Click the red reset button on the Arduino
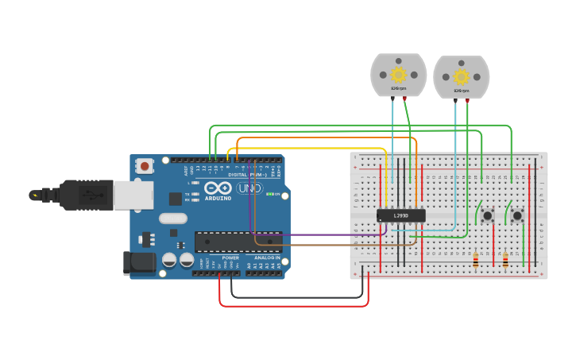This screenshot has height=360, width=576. (x=145, y=166)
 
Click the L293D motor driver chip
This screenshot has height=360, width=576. (x=401, y=215)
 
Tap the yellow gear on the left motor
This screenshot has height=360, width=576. (x=398, y=75)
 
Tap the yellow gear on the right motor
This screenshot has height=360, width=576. (x=461, y=77)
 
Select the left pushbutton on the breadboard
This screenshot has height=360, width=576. (x=487, y=215)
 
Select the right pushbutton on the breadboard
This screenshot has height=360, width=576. (x=517, y=215)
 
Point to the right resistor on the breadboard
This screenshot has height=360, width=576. (x=506, y=260)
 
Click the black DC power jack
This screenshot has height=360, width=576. (x=138, y=263)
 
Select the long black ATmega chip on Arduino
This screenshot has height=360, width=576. (x=238, y=241)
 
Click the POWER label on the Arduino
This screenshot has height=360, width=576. (x=230, y=257)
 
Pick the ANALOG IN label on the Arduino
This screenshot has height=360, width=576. (x=267, y=257)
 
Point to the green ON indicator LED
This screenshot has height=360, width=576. (x=269, y=194)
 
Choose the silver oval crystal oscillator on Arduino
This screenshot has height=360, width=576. (x=172, y=218)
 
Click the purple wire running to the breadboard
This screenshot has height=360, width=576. (x=318, y=234)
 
